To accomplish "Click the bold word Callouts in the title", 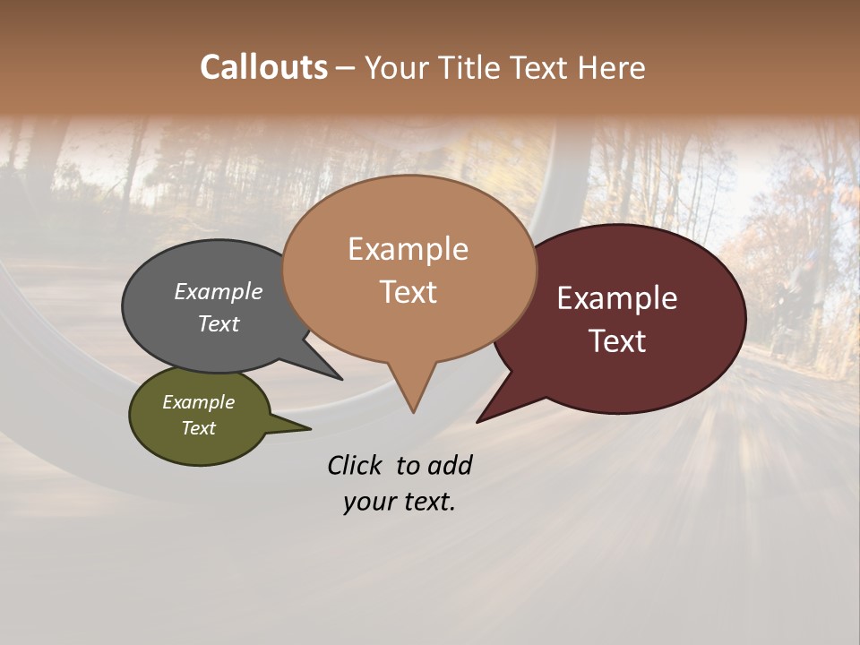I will coord(263,67).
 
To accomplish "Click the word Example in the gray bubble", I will coord(219,292).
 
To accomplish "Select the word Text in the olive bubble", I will coord(199,428).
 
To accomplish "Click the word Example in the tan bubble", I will coord(408,249).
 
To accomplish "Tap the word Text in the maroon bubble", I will coord(617,341).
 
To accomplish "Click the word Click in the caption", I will coord(356,465).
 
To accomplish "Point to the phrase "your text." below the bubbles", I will coord(400,502).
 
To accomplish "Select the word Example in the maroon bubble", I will coord(617,298).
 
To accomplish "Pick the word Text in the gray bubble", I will coord(219,324).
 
